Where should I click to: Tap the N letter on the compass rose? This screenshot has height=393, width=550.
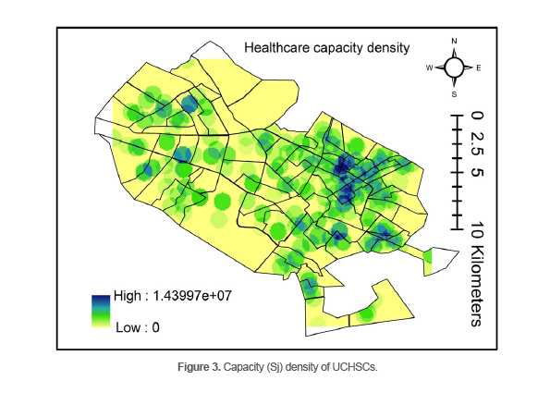click(x=454, y=42)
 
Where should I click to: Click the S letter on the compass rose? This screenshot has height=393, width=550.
click(x=454, y=94)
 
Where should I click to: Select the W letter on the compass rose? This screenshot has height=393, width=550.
click(x=429, y=68)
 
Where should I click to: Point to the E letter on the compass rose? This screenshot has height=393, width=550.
click(x=479, y=68)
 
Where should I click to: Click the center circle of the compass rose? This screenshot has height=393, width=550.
click(x=454, y=68)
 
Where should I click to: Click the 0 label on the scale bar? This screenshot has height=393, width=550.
click(x=475, y=117)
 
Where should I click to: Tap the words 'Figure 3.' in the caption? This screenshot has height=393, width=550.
click(x=201, y=367)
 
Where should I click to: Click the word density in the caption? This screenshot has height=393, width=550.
click(x=306, y=367)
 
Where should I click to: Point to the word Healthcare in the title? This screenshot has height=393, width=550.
click(x=275, y=47)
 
